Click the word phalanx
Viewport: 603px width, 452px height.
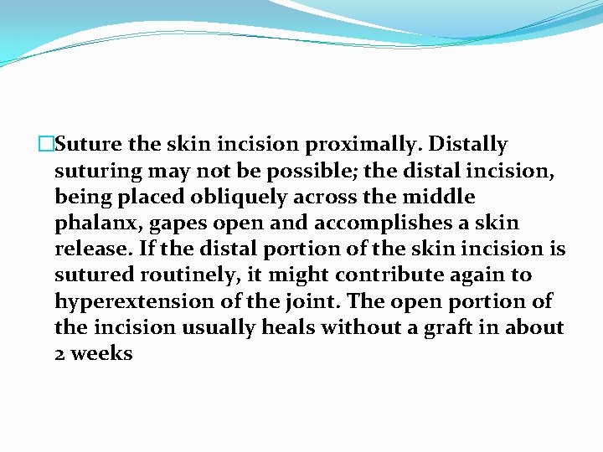(93, 223)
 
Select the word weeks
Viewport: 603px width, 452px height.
(101, 354)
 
